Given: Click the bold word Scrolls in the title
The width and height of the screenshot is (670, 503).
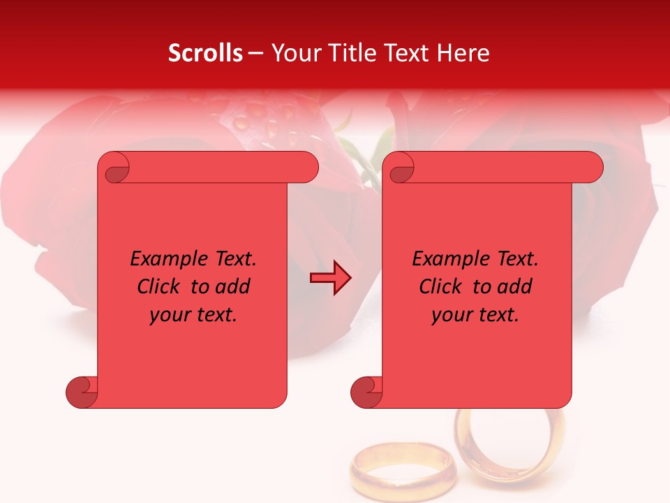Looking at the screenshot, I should pos(205,53).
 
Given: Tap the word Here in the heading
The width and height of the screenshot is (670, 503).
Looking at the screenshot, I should pos(463,53).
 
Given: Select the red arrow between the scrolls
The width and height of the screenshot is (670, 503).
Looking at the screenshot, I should pos(331,279).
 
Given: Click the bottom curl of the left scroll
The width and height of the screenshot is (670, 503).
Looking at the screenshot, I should pos(82,392).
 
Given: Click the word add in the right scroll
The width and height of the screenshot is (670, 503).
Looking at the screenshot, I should pos(516,287).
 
